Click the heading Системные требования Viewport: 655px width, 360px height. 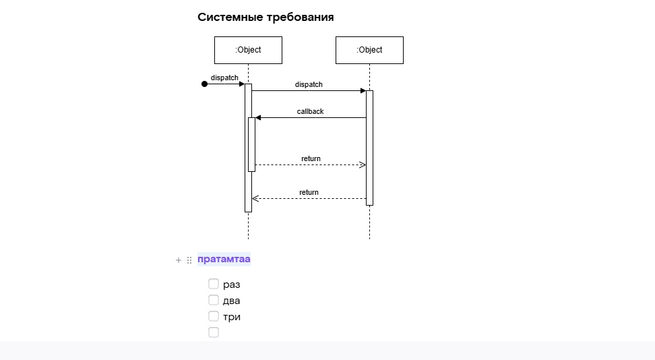tap(266, 18)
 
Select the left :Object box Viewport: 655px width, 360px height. tap(248, 50)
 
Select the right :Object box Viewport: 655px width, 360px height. tap(369, 50)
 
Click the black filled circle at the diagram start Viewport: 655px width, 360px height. tap(205, 84)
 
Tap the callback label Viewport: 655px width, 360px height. tap(310, 111)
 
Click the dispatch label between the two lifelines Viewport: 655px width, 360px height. tap(309, 84)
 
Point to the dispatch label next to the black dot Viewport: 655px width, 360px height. tap(224, 78)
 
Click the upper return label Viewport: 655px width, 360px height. tap(311, 158)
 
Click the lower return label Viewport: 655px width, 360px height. tap(309, 192)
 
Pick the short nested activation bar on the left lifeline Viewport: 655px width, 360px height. tap(252, 144)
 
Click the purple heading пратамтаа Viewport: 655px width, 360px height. tap(224, 260)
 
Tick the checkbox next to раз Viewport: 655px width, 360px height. tap(214, 284)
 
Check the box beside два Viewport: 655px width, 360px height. tap(214, 300)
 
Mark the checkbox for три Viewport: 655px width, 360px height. tap(214, 316)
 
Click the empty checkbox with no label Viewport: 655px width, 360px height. tap(214, 332)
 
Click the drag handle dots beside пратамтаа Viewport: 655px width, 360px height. tap(189, 260)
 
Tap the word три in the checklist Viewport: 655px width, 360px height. tap(232, 317)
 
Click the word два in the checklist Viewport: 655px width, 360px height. tap(231, 301)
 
